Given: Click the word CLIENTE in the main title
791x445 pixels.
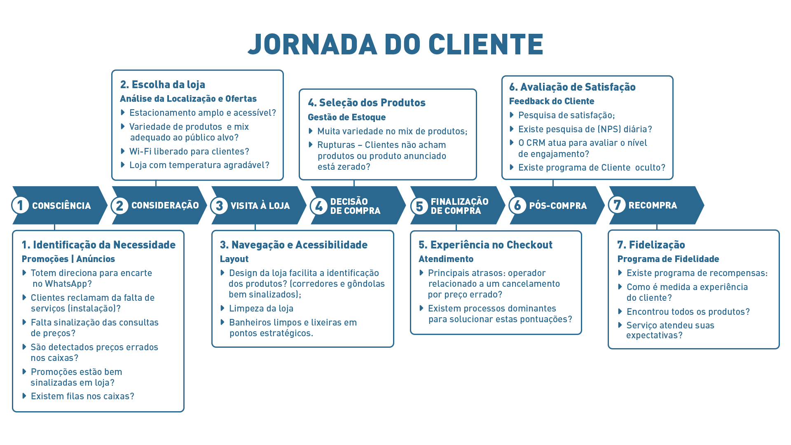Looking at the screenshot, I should coord(486,44).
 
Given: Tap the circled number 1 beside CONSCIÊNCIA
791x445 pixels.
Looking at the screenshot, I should coord(20,205).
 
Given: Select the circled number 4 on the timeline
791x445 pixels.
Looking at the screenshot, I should coord(318,206).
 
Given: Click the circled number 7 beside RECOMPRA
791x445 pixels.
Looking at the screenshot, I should coord(617,205).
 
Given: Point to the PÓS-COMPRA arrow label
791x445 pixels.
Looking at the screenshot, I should coord(558,206).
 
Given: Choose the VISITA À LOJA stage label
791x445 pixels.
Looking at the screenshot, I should coord(260,206).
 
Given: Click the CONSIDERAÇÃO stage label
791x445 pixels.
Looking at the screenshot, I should coord(165,205).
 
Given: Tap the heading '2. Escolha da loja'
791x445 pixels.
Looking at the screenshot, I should coord(162,84).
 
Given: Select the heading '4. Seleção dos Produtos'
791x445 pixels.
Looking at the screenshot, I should coord(366,103).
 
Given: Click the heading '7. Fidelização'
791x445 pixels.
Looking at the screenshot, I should coord(651,245).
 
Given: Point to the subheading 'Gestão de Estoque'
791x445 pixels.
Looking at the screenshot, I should coord(346,117).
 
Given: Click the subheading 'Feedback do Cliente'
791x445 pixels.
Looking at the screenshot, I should coord(551,101).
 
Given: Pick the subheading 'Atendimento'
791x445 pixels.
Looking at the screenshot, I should coord(446,259).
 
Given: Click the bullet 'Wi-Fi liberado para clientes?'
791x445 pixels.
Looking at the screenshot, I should coord(189,152).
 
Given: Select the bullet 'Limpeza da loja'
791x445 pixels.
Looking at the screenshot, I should coord(261,309).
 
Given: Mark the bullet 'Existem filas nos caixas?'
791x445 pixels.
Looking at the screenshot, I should coord(82,396).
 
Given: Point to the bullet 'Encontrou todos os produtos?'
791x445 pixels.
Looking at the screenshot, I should coord(688,312).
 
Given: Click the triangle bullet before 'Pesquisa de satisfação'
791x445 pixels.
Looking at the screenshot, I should coord(512,115).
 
